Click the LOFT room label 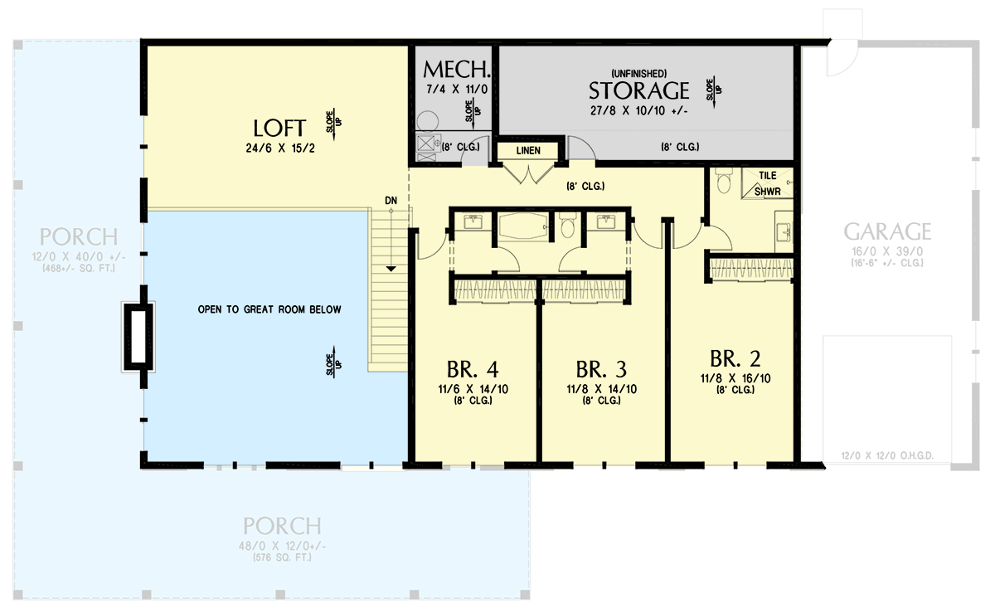279,129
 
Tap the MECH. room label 457,69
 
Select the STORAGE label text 638,90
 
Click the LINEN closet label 527,151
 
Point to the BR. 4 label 472,367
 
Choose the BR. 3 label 601,367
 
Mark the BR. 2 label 735,358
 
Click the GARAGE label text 887,231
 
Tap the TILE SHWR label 767,184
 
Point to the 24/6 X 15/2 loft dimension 279,150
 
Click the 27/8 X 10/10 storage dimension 638,109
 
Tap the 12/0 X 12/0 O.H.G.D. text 887,455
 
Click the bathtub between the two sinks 522,226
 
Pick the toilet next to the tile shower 721,178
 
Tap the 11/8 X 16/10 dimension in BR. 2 735,377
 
